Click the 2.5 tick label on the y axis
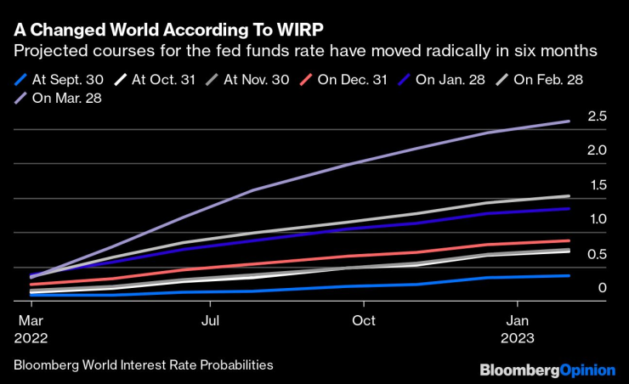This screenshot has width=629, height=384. pyautogui.click(x=597, y=116)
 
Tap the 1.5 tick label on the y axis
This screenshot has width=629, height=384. pyautogui.click(x=597, y=185)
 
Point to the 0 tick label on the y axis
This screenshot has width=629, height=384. pyautogui.click(x=602, y=289)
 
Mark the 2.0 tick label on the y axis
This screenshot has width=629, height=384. pyautogui.click(x=597, y=150)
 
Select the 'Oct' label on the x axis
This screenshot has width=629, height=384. pyautogui.click(x=364, y=320)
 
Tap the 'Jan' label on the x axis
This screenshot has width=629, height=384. pyautogui.click(x=518, y=320)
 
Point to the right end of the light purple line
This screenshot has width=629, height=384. pyautogui.click(x=568, y=121)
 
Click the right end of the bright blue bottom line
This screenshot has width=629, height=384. pyautogui.click(x=568, y=275)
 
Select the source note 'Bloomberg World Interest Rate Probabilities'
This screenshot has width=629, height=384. pyautogui.click(x=143, y=364)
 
